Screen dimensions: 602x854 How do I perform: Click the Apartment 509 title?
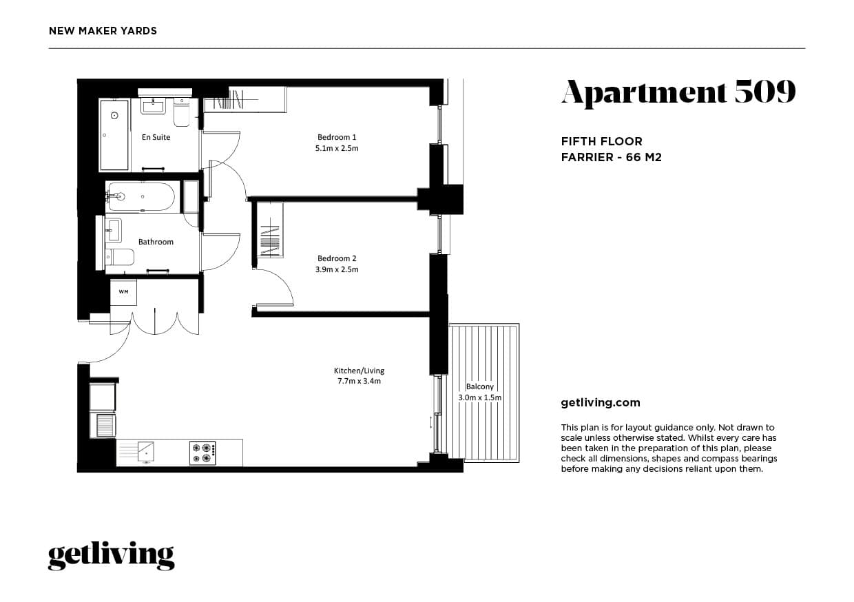pos(678,92)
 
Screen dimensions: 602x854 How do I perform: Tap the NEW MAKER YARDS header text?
pos(103,31)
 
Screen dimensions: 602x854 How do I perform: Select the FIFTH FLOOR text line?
pos(601,141)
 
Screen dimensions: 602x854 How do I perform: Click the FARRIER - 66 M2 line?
pos(611,157)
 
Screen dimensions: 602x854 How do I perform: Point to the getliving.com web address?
pos(601,403)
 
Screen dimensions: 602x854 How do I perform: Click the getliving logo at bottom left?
pos(111,556)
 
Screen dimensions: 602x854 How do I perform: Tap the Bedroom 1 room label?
pos(337,137)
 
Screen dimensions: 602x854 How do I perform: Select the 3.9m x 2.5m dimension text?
pos(337,269)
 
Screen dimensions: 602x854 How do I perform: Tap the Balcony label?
pos(480,387)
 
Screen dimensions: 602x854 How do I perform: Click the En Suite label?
pos(156,137)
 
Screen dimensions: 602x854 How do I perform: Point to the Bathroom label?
pos(156,242)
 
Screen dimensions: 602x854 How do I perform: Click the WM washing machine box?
pos(123,292)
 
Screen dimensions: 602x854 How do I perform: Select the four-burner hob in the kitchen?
pos(203,453)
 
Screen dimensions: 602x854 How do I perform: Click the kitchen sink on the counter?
pos(145,453)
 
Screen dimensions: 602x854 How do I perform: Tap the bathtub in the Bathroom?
pos(141,197)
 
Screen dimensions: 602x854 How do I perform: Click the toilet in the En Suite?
pos(182,112)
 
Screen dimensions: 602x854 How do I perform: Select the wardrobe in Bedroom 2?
pos(270,230)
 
